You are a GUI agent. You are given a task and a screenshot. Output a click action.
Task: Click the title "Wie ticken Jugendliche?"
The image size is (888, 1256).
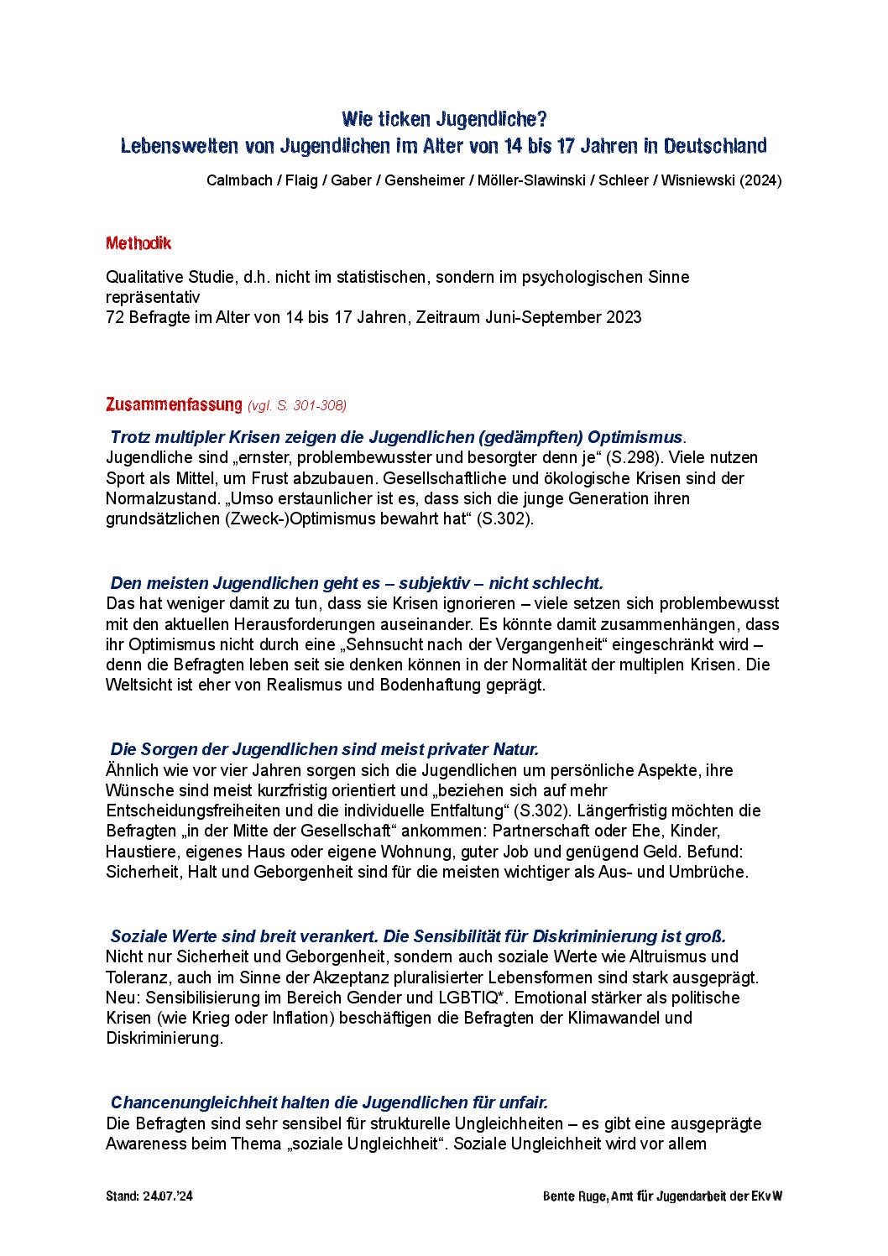[x=444, y=119]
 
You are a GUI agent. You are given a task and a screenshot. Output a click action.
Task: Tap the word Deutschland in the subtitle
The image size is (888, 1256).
[x=715, y=146]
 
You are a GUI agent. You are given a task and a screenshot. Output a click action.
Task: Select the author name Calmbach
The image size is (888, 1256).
[x=238, y=180]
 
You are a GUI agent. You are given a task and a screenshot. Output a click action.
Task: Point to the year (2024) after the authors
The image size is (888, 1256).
[x=760, y=180]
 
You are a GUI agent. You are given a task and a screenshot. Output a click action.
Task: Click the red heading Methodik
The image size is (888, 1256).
[x=138, y=243]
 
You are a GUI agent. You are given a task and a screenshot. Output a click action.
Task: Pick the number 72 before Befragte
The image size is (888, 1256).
[x=115, y=317]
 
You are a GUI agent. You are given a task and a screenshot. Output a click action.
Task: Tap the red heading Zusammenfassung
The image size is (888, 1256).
[x=174, y=404]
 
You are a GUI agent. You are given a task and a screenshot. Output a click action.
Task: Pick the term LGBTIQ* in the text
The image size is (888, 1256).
[x=473, y=998]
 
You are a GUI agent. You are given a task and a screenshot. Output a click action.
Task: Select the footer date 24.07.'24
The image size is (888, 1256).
[x=168, y=1196]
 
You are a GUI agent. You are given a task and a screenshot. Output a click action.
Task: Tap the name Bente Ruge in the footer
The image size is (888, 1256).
[x=574, y=1196]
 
